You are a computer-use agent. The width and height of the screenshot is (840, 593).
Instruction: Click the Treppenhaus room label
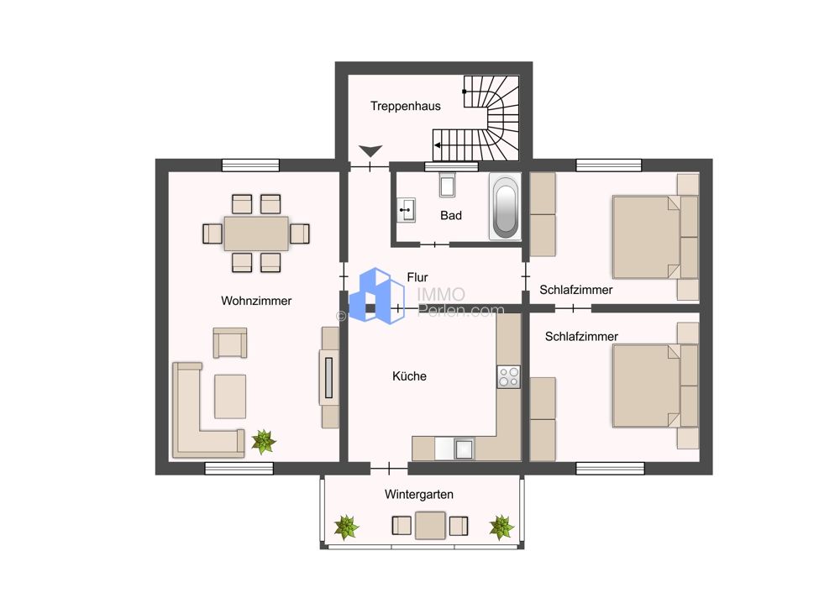click(406, 106)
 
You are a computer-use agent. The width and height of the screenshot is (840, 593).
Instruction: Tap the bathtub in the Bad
click(505, 207)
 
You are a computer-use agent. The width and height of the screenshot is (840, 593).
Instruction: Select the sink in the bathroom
click(406, 210)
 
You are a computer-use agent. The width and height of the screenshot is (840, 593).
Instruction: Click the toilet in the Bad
click(448, 185)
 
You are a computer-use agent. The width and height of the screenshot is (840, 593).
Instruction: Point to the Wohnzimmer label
click(256, 301)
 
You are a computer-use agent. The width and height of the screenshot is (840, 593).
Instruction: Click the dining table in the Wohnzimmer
click(256, 233)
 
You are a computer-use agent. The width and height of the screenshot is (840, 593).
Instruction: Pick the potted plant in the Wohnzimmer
click(264, 442)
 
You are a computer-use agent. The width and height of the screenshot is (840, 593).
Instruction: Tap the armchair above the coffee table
click(230, 343)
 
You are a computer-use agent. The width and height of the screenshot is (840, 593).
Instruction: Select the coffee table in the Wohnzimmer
click(230, 396)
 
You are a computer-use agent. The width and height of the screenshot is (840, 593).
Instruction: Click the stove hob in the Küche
click(508, 376)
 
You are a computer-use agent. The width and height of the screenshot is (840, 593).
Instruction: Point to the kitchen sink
click(464, 449)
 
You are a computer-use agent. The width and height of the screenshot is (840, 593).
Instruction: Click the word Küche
click(409, 376)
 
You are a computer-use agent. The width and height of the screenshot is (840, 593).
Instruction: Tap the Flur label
click(417, 277)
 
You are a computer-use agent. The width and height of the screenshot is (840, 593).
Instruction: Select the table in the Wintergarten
click(430, 526)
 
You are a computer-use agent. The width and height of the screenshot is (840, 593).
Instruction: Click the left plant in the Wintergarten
click(346, 527)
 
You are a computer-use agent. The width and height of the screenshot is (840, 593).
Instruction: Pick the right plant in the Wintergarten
click(501, 527)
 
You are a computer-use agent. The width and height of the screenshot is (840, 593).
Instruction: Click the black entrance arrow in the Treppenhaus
click(370, 151)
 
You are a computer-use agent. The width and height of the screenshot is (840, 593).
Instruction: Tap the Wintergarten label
click(419, 495)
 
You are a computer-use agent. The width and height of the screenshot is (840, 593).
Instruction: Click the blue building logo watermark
click(376, 296)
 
